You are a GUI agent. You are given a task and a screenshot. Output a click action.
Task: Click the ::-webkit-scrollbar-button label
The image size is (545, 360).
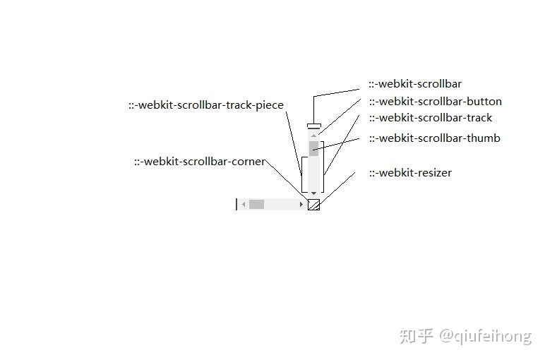[x=435, y=101]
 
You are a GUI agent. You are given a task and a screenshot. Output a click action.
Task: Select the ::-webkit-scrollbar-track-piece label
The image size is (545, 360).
[x=205, y=105]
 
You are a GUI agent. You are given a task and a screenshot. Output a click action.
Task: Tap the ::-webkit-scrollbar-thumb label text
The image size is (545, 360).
[x=434, y=138]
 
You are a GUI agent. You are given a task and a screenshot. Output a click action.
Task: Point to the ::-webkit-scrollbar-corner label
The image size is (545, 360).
[x=200, y=162]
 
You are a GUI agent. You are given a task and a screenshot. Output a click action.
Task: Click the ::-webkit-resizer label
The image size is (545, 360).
[x=410, y=173]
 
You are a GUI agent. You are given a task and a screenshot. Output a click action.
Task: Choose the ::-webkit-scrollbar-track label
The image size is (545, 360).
[x=431, y=118]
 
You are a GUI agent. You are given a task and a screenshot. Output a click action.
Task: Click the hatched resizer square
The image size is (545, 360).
[x=314, y=205]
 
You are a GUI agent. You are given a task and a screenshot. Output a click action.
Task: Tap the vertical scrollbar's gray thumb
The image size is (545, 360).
[x=313, y=148]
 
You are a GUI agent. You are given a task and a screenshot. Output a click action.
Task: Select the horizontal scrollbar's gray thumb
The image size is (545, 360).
[x=256, y=205]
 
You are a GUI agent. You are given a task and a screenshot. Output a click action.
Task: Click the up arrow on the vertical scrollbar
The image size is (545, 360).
[x=313, y=134]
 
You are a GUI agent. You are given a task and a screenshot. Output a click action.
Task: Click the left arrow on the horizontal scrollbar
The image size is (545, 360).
[x=243, y=205]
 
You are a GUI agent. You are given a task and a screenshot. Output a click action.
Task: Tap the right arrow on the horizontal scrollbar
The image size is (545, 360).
[x=301, y=205]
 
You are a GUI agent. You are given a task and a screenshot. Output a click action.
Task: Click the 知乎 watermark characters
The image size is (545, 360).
[x=416, y=336]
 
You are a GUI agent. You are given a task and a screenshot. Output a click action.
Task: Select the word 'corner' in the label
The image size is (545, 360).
[x=248, y=162]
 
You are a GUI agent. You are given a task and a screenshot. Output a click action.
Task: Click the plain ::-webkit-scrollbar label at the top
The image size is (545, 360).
[x=415, y=84]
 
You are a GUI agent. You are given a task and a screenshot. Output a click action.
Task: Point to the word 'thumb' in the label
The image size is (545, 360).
[x=484, y=138]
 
